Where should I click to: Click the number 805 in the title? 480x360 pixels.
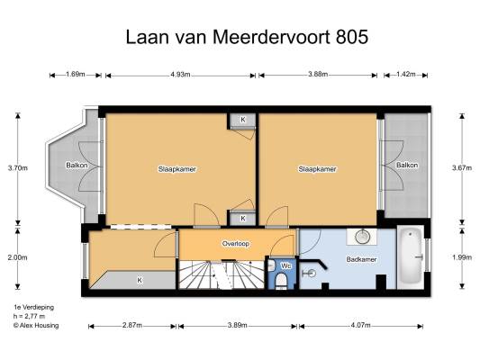coord(352,37)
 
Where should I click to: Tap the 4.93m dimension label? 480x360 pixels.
coord(180,75)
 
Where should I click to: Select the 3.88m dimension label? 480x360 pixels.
coord(318,75)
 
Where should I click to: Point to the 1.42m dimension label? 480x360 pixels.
coord(405,75)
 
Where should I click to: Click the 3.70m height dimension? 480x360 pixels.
coord(18,168)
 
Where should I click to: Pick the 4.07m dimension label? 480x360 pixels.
coord(360,325)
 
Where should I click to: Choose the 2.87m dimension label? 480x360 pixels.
coord(132,325)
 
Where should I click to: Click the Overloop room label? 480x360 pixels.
coord(236,244)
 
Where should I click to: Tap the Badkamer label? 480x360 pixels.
coord(361,259)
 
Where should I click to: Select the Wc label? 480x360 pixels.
coord(285,265)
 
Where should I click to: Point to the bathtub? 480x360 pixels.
coord(411,257)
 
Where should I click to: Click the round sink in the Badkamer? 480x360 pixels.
coord(363,237)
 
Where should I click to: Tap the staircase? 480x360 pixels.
coord(221,275)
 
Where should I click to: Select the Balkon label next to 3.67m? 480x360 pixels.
coord(407,166)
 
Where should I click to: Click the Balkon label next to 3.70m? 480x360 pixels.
coord(77,166)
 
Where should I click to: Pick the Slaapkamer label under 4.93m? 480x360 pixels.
coord(177,169)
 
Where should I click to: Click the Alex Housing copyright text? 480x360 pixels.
coord(36,326)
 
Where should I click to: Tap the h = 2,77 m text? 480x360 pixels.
coord(29,316)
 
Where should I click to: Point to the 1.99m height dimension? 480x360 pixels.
coord(462,257)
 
